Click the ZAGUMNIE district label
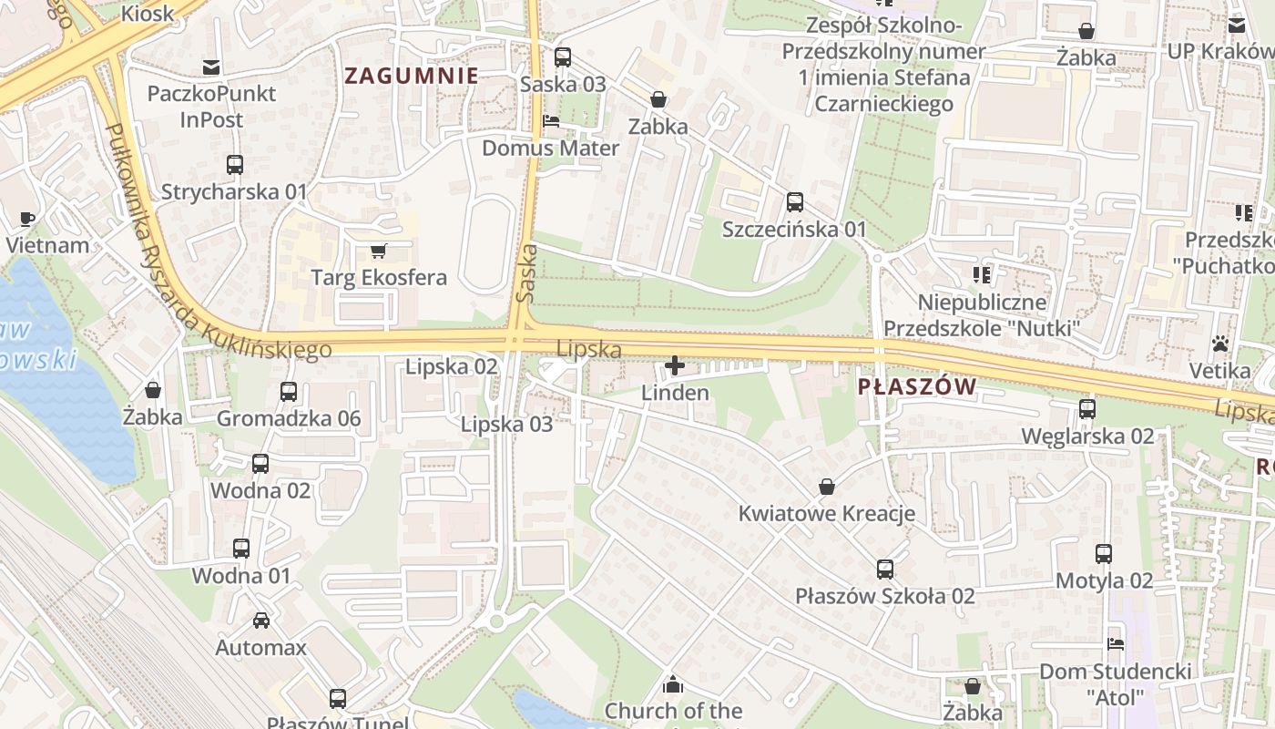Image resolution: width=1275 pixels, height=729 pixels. pyautogui.click(x=412, y=77)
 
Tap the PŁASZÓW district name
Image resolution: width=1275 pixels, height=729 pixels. pyautogui.click(x=917, y=387)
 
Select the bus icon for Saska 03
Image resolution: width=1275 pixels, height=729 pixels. pyautogui.click(x=563, y=57)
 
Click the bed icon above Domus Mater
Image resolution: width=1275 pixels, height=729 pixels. pyautogui.click(x=551, y=121)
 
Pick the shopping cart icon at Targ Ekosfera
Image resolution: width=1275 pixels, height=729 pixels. pyautogui.click(x=379, y=251)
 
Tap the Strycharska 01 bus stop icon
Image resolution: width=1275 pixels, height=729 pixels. pyautogui.click(x=235, y=165)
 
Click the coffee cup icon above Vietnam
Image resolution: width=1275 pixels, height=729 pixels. pyautogui.click(x=27, y=219)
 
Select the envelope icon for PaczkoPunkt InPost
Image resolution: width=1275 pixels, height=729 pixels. pyautogui.click(x=211, y=67)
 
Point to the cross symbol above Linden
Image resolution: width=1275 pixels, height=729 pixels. pyautogui.click(x=675, y=366)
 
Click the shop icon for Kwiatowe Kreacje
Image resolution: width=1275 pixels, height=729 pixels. pyautogui.click(x=827, y=487)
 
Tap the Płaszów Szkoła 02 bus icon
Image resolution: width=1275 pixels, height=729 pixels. pyautogui.click(x=885, y=570)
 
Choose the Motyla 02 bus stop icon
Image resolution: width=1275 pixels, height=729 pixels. pyautogui.click(x=1104, y=553)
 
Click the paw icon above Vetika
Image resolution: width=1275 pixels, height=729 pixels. pyautogui.click(x=1220, y=344)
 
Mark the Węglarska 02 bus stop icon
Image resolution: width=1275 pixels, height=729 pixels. pyautogui.click(x=1087, y=409)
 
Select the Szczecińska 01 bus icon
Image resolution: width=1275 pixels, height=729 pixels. pyautogui.click(x=795, y=201)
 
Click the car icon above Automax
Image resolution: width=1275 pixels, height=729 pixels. pyautogui.click(x=261, y=621)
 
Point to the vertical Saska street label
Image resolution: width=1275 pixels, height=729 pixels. pyautogui.click(x=526, y=272)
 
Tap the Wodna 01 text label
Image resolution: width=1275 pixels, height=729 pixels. pyautogui.click(x=241, y=576)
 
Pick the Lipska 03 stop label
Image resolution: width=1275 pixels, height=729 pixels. pyautogui.click(x=506, y=425)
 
